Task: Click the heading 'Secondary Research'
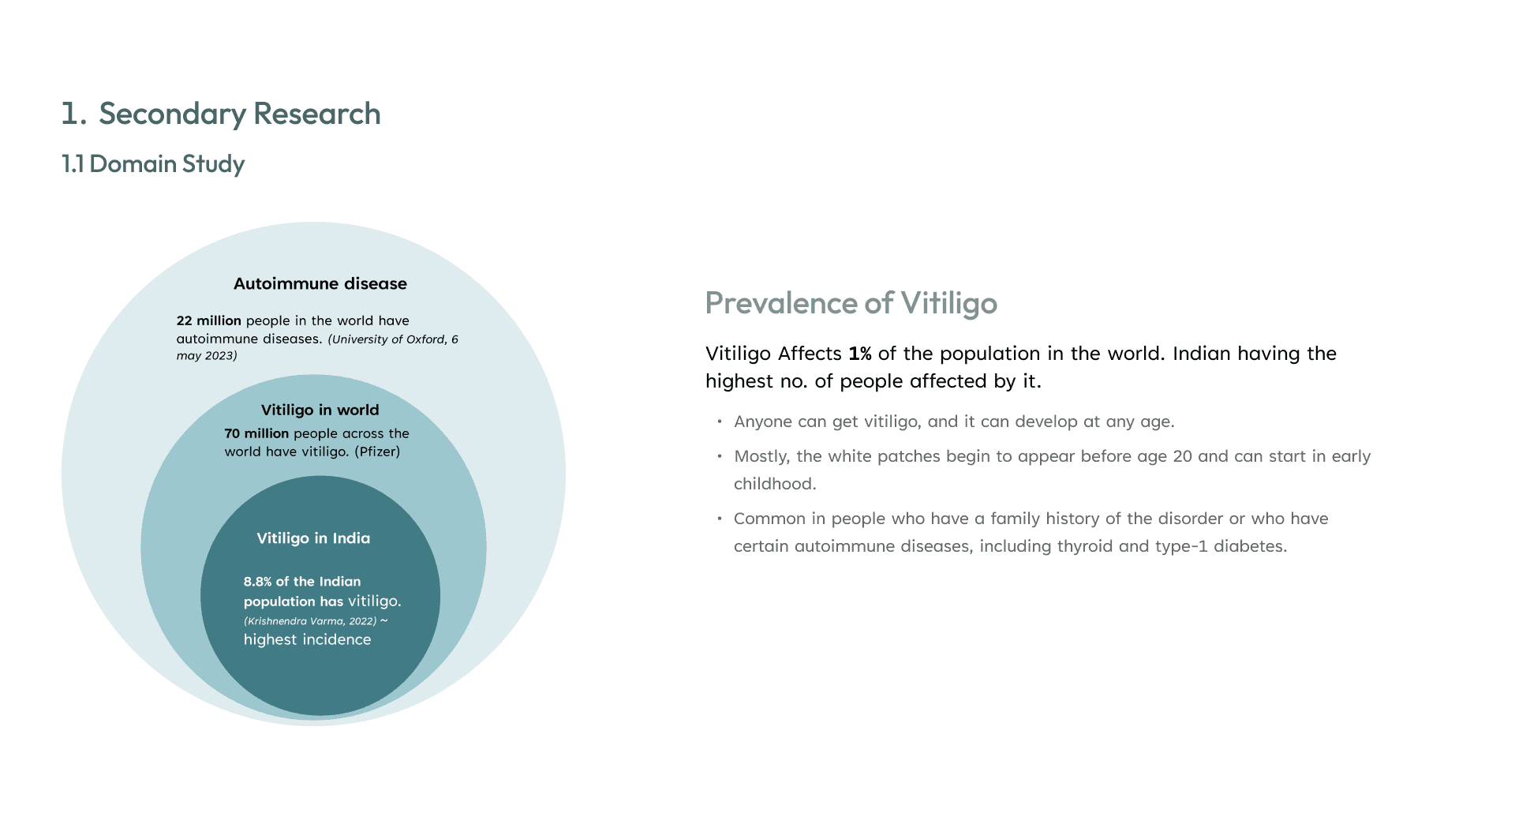pos(240,114)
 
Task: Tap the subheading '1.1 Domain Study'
pos(153,163)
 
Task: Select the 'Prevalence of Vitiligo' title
pos(851,303)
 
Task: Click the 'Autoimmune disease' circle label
pos(320,283)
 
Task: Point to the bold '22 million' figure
pos(209,320)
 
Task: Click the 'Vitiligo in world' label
pos(320,410)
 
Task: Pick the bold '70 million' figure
pos(256,433)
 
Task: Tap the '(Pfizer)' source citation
pos(377,451)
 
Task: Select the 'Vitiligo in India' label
pos(313,538)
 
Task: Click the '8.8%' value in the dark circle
pos(257,582)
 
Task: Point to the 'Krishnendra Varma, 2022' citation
pos(310,621)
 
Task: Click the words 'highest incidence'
pos(307,639)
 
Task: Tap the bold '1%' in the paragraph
pos(860,354)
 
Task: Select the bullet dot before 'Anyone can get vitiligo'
pos(720,421)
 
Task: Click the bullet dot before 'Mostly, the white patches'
pos(720,456)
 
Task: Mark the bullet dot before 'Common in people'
pos(720,519)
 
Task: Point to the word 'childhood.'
pos(775,484)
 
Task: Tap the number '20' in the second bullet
pos(1183,456)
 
